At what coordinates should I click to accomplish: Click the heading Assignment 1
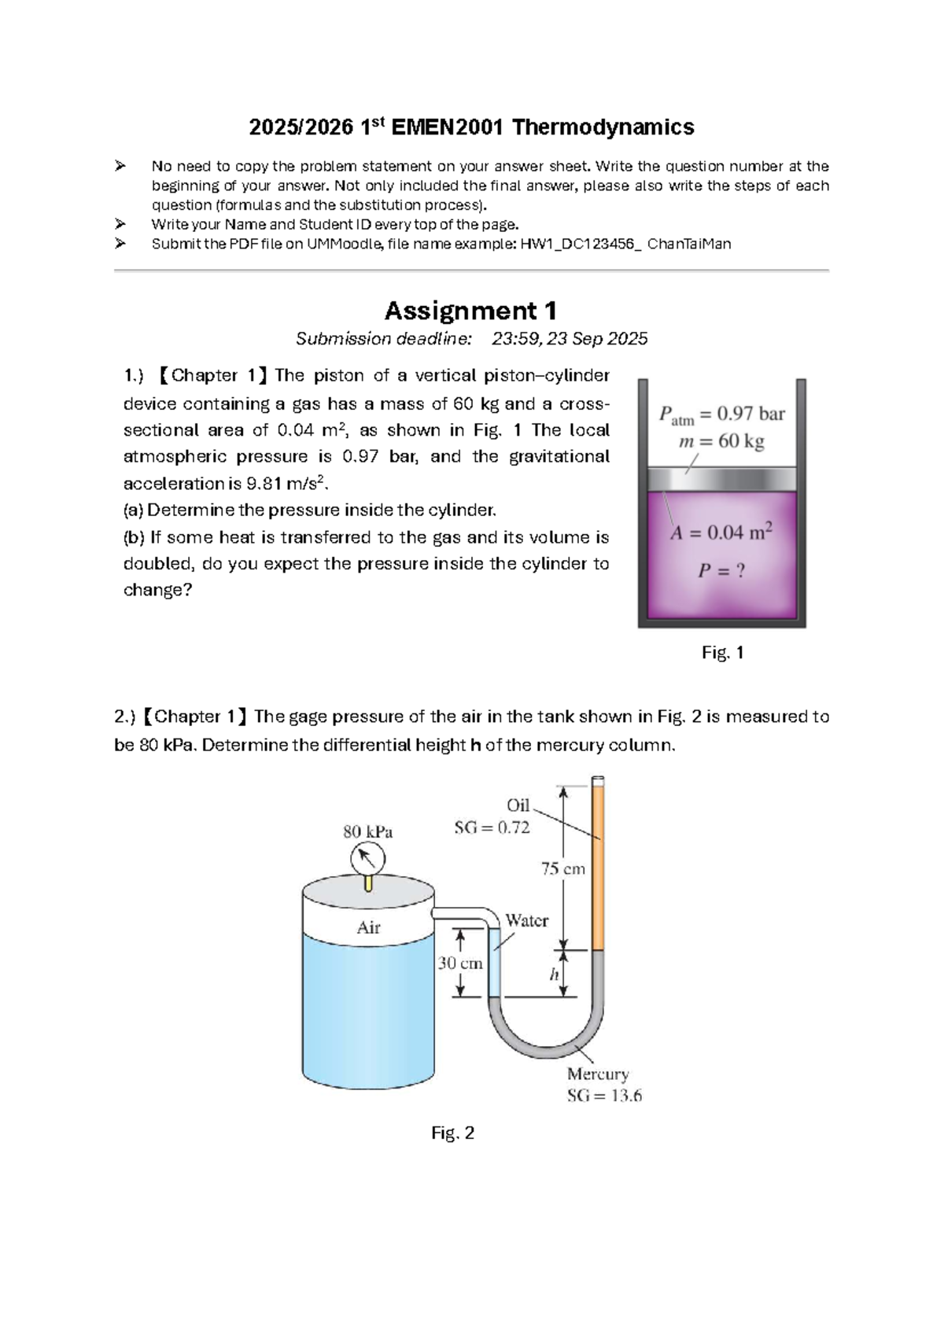pos(470,311)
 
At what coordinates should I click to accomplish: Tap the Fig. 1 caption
pos(722,653)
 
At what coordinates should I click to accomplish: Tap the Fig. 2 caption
pos(452,1133)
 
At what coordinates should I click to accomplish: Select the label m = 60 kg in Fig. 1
pos(721,441)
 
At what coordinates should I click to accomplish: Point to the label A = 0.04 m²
pos(721,532)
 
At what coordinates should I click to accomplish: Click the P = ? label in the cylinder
pos(721,570)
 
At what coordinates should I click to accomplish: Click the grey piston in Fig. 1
pos(721,479)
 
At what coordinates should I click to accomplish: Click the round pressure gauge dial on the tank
pos(367,858)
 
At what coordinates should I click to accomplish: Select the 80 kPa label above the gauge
pos(367,831)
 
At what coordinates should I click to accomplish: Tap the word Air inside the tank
pos(368,927)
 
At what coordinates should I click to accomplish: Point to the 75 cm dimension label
pos(562,868)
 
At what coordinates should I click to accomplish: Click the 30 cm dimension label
pos(460,963)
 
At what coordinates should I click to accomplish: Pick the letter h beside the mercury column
pos(554,975)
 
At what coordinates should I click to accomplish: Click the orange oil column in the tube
pos(598,865)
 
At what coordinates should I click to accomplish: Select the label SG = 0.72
pos(492,827)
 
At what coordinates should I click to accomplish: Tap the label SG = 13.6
pos(604,1096)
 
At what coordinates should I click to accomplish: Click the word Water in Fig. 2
pos(526,920)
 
